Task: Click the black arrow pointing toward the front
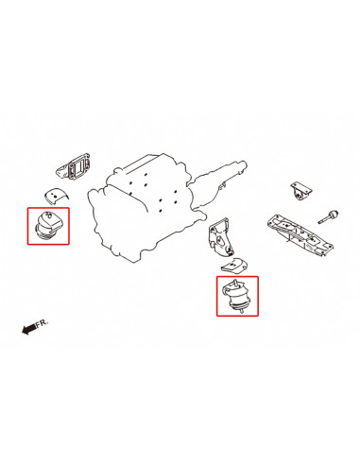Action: (28, 329)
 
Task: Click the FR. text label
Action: (43, 323)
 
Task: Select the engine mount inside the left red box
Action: (48, 226)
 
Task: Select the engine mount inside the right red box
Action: (236, 297)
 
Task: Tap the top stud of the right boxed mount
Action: (235, 283)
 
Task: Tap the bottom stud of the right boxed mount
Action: (241, 311)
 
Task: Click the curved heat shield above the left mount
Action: (56, 196)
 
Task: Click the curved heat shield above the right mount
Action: (234, 266)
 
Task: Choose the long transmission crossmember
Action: (300, 233)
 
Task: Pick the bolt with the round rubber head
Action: (328, 216)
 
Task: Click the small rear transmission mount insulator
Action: (300, 191)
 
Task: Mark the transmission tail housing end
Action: (242, 166)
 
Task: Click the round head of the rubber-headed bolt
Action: (334, 215)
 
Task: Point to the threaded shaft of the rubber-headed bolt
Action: (323, 220)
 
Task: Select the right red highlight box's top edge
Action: (237, 277)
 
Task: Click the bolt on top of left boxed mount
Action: (48, 215)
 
